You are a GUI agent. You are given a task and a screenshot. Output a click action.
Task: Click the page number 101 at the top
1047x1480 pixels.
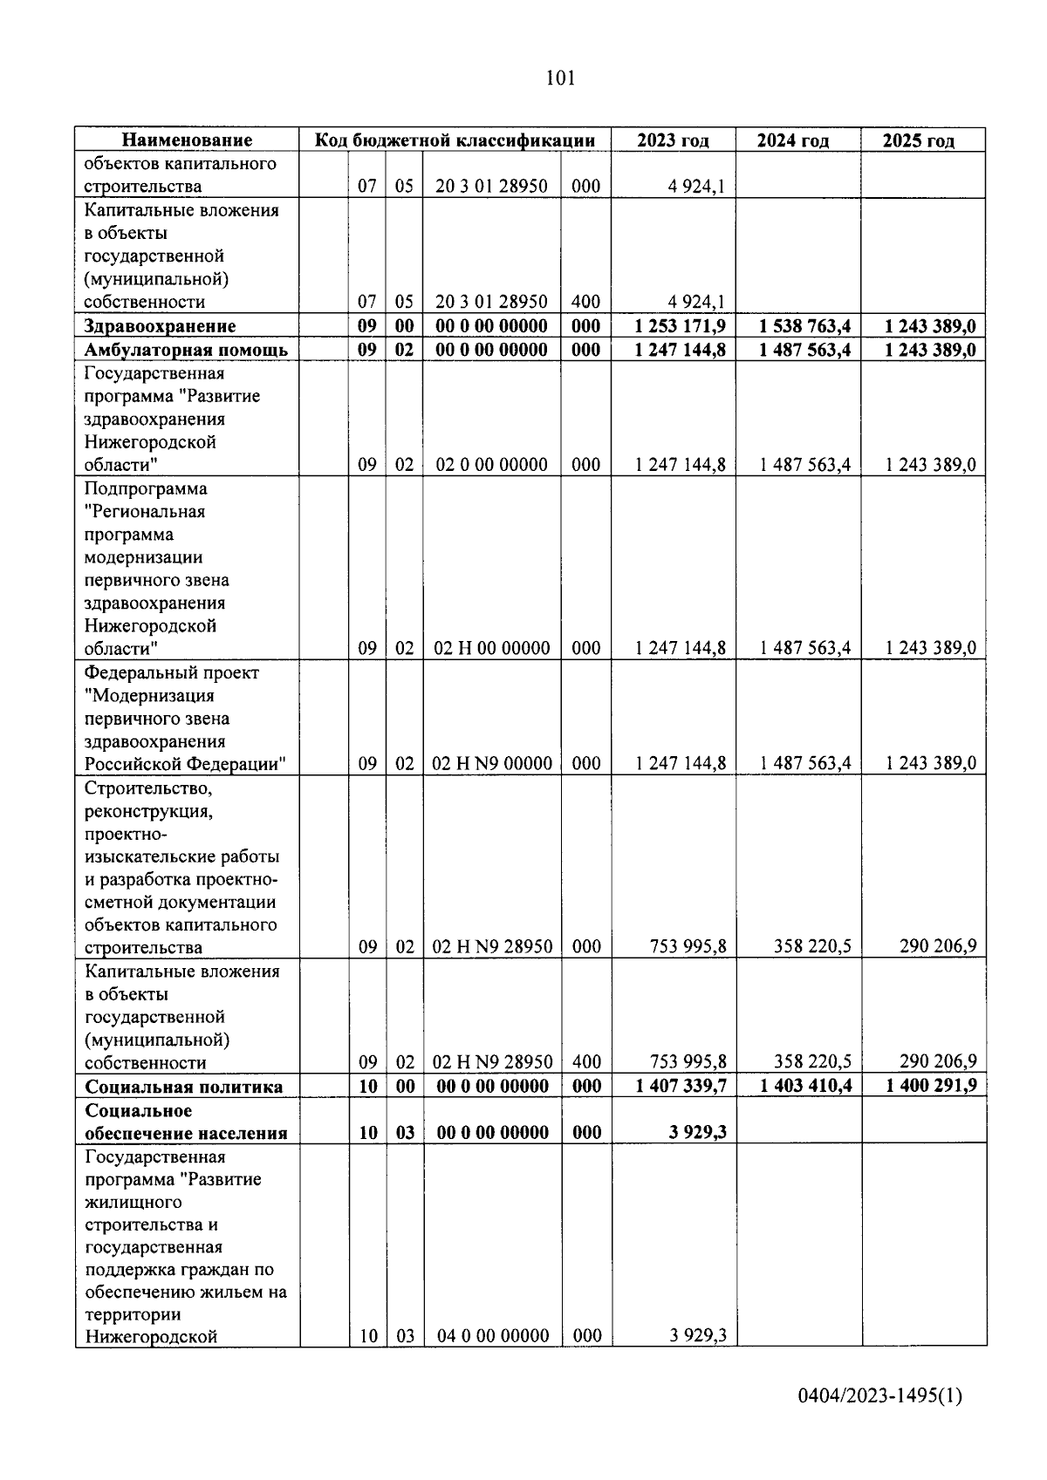[560, 78]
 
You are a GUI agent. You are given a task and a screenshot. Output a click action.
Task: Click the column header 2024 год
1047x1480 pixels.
[792, 140]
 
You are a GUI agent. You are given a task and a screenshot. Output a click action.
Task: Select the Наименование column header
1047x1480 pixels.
[187, 140]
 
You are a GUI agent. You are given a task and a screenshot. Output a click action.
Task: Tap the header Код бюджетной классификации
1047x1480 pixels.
[455, 140]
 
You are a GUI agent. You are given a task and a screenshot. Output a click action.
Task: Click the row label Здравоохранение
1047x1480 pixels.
[160, 326]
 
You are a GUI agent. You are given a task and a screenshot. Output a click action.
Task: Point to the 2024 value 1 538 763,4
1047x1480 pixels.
[805, 326]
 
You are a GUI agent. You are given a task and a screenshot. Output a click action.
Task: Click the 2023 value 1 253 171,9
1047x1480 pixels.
[681, 326]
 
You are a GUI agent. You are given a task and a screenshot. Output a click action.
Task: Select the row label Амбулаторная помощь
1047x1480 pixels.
[186, 350]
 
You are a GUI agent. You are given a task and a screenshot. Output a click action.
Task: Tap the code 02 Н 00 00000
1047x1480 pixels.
[492, 648]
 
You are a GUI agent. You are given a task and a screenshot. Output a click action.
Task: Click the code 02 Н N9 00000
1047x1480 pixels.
[492, 763]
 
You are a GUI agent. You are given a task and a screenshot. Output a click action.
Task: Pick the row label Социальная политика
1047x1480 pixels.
[183, 1087]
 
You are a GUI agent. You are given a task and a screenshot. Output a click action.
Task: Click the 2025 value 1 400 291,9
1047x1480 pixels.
[930, 1086]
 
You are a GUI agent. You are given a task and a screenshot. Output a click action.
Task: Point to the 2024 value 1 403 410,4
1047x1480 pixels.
[805, 1086]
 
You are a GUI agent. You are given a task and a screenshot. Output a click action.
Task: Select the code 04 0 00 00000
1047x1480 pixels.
[493, 1335]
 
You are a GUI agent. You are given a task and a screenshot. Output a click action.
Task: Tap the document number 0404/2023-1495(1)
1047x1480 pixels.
[879, 1396]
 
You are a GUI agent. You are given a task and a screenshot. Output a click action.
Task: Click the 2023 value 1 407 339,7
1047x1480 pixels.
[681, 1086]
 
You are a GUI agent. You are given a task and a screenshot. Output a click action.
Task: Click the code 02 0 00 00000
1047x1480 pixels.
[492, 465]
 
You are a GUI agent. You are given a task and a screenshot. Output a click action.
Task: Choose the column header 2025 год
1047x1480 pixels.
[918, 140]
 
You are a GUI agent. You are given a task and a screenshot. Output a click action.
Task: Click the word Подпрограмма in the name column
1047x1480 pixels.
[146, 488]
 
